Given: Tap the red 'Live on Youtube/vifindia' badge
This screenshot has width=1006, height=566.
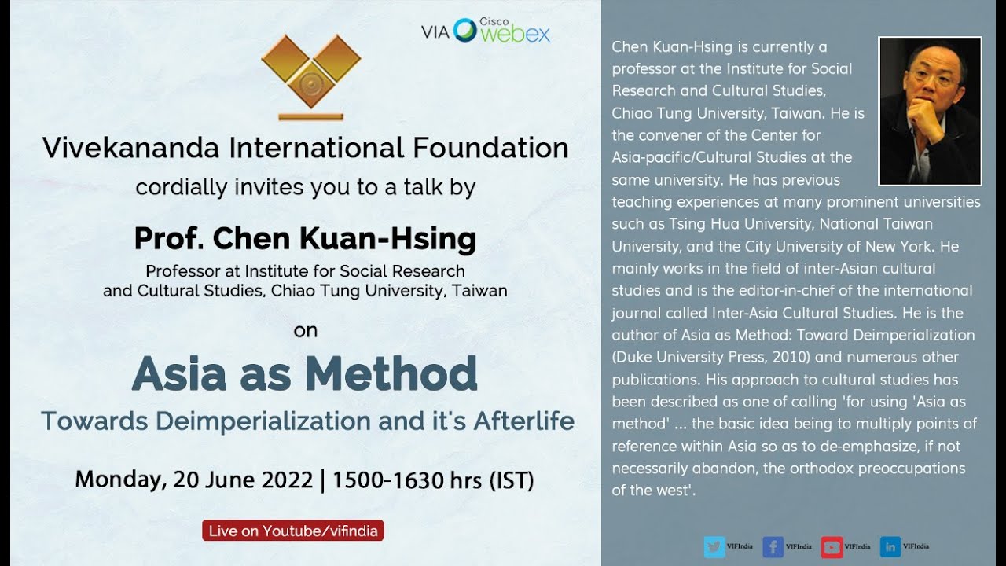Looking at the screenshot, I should point(293,531).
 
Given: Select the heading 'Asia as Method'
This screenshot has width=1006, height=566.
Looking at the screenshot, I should point(305,373).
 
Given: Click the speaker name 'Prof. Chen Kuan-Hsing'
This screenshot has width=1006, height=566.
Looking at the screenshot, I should point(305,237).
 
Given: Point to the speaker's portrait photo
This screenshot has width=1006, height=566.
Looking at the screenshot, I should point(930,111).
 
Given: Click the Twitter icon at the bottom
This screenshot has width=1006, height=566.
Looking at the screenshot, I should point(714,546).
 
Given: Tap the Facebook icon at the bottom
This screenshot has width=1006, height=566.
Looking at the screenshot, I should point(773,546).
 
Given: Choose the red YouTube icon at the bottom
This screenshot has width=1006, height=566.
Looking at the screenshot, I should point(832,546).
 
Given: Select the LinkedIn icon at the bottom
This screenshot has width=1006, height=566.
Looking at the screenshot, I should point(890,546).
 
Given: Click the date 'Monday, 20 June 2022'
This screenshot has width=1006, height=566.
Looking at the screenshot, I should point(194,480).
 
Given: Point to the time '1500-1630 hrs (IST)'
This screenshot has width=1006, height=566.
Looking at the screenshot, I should point(433,480).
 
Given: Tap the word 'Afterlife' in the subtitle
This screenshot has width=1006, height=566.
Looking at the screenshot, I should point(523,421).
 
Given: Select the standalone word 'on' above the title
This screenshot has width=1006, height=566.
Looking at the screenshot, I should point(305,330).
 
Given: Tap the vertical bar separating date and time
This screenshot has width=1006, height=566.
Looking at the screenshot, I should point(322,480).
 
